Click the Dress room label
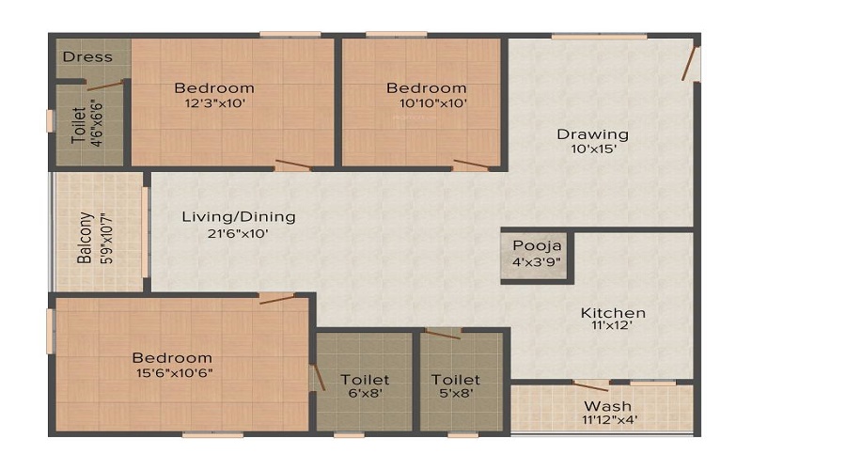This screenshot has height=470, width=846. point(87,56)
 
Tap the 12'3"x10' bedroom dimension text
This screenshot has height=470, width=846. point(215,103)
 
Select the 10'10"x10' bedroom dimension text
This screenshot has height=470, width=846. point(433,103)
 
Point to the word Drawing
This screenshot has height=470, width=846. point(593,135)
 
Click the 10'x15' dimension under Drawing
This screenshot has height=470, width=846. point(593,149)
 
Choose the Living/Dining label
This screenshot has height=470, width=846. point(239,217)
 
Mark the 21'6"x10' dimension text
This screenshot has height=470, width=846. point(238,234)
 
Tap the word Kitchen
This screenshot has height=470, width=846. point(613,313)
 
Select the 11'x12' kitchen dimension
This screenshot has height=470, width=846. point(611,325)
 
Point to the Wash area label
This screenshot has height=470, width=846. point(607,406)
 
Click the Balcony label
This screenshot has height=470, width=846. point(85,238)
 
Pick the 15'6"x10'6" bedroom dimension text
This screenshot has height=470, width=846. point(174,373)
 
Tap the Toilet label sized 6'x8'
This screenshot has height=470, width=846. point(365,380)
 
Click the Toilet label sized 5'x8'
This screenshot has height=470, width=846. point(455,380)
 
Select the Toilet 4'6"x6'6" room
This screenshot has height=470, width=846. point(89,125)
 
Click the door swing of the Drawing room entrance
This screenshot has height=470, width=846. point(689,64)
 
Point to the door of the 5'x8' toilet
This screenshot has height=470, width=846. point(443,334)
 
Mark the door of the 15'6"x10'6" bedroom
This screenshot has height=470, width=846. point(277,299)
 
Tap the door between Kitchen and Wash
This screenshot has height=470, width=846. point(590,385)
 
